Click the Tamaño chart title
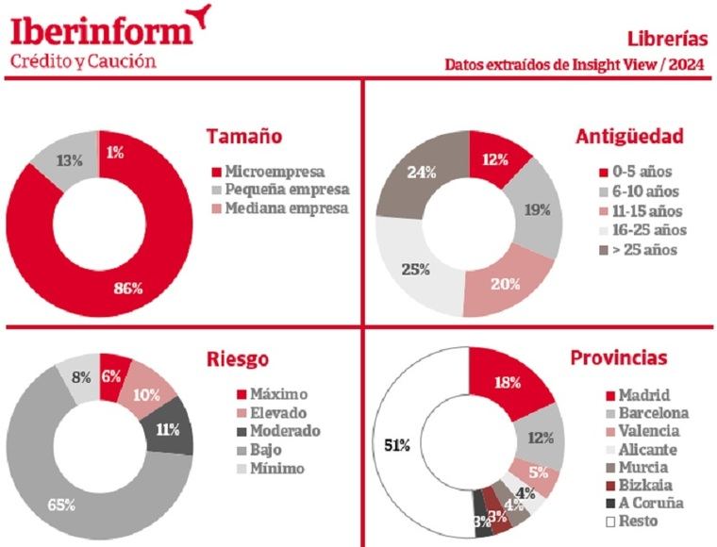pos(244,136)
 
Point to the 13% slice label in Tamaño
pos(68,160)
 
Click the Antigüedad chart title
pos(629,136)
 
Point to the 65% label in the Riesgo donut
pos(62,505)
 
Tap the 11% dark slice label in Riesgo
pos(169,429)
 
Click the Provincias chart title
pos(619,358)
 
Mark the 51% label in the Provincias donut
pos(397,445)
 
